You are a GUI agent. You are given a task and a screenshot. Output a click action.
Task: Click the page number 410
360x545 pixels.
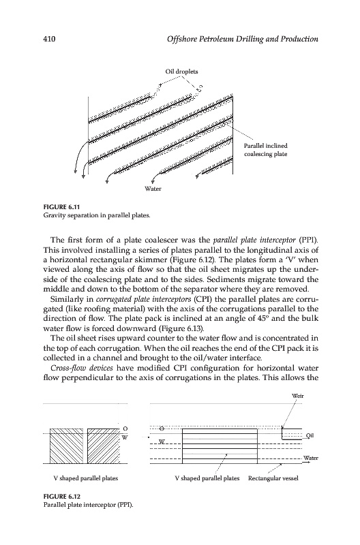coord(49,39)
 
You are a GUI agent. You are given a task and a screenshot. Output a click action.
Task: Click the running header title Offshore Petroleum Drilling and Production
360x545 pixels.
coord(243,39)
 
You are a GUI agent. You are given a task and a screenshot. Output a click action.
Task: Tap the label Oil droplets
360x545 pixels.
coord(181,72)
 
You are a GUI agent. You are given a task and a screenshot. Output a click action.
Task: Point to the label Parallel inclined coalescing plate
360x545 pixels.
coord(265,150)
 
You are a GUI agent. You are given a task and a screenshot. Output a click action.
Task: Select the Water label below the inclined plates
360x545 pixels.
coord(153,189)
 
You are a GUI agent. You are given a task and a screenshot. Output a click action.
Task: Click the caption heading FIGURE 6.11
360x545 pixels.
coord(62,207)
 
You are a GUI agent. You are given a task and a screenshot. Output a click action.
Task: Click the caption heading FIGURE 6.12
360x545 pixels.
coord(62,497)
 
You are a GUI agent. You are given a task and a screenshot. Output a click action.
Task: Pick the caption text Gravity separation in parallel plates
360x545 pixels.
coord(97,215)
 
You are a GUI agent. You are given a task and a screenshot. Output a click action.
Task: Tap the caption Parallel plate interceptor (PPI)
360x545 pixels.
coord(89,505)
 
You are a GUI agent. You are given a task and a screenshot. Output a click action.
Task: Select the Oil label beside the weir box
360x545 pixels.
coord(310,435)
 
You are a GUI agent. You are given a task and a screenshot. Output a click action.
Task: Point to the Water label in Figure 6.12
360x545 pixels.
coord(311,458)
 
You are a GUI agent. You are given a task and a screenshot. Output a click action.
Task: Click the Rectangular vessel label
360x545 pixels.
coord(273,478)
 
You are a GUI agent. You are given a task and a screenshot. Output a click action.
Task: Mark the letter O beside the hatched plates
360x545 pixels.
coord(125,428)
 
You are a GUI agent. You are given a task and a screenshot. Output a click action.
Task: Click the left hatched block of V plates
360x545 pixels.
coord(66,446)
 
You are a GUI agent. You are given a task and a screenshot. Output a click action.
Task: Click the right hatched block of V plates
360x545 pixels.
coord(104,446)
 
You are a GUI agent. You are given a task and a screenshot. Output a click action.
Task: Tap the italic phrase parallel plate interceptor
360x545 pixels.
coord(254,240)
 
